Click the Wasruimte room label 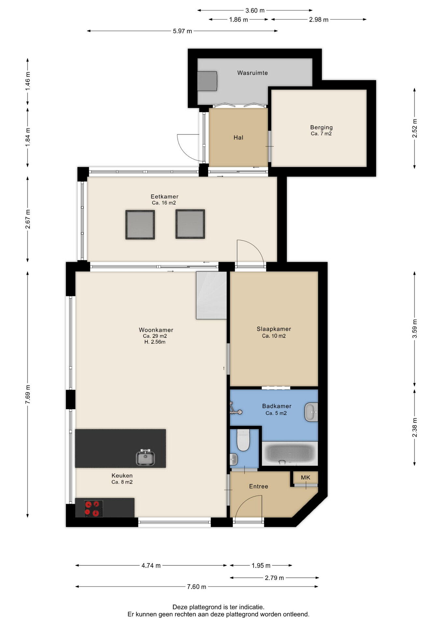pyautogui.click(x=253, y=73)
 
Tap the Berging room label pyautogui.click(x=321, y=127)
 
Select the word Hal pyautogui.click(x=238, y=138)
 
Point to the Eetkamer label pyautogui.click(x=164, y=197)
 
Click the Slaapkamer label pyautogui.click(x=274, y=329)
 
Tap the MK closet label pyautogui.click(x=306, y=478)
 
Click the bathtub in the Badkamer pyautogui.click(x=290, y=454)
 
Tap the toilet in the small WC pyautogui.click(x=243, y=440)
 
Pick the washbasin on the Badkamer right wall pyautogui.click(x=311, y=412)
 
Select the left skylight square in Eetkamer pyautogui.click(x=140, y=225)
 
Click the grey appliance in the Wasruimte pyautogui.click(x=207, y=81)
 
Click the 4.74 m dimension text pyautogui.click(x=151, y=566)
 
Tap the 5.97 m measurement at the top pyautogui.click(x=182, y=31)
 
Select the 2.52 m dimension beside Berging pyautogui.click(x=415, y=128)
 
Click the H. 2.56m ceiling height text pyautogui.click(x=155, y=342)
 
